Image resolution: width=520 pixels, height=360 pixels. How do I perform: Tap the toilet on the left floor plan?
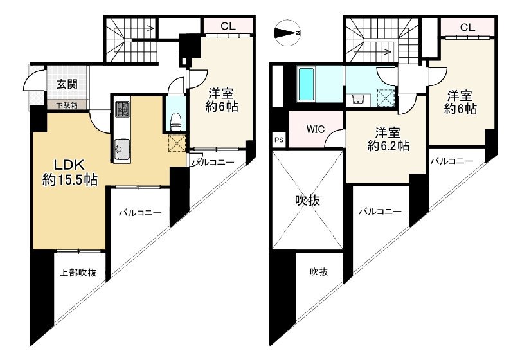[x=175, y=118]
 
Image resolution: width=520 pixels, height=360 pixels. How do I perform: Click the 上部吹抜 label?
[x=78, y=273]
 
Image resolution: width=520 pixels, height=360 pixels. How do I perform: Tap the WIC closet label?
[x=315, y=129]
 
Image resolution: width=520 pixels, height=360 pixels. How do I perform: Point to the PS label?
[x=279, y=139]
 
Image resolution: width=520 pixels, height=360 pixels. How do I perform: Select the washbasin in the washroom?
[x=359, y=100]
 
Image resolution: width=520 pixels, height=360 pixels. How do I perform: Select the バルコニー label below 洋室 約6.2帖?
[x=380, y=212]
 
